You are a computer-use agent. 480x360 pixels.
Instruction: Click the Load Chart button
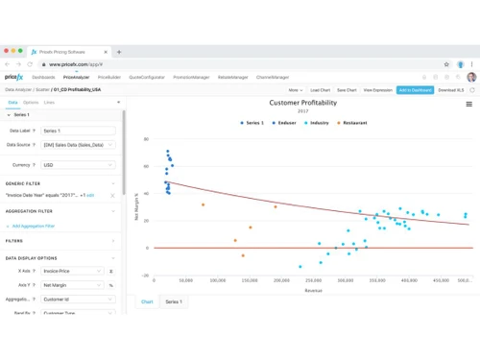[x=320, y=89]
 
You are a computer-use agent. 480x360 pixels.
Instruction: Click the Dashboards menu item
[x=42, y=75]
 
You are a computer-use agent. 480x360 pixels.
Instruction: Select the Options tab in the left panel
[x=31, y=101]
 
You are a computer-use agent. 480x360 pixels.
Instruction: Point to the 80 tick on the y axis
[x=147, y=139]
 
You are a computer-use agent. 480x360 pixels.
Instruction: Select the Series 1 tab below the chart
[x=175, y=301]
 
